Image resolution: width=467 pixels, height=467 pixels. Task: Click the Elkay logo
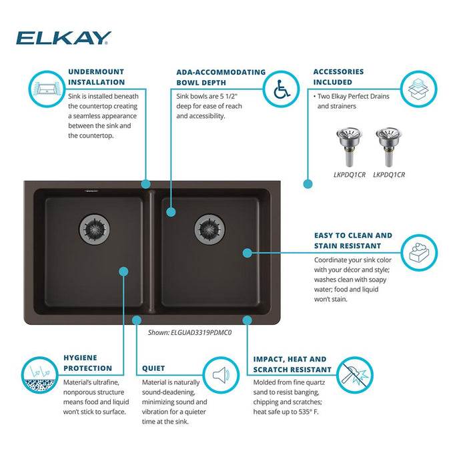pos(64,38)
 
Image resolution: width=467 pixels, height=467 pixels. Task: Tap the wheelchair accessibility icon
pos(282,89)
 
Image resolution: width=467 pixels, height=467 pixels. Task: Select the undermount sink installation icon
pos(47,89)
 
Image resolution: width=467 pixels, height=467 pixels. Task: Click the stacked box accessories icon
pos(418,89)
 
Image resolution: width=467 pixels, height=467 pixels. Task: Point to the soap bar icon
pos(419,253)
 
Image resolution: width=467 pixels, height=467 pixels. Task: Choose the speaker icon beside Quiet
pos(221,375)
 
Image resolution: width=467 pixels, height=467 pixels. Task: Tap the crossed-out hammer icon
pos(355,375)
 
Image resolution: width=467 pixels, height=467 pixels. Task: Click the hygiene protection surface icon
pos(40,375)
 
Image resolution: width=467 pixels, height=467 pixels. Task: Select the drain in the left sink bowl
pos(95,229)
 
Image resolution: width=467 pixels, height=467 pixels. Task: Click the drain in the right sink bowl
pos(209,229)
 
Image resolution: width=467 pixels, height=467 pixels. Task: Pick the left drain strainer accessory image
pos(350,147)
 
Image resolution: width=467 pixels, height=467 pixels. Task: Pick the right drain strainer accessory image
pos(389,147)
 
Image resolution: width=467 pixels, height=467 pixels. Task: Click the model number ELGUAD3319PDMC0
pos(201,333)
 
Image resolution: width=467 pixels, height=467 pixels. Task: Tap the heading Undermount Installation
pos(96,77)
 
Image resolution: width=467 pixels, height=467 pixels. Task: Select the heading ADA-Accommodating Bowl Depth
pos(221,77)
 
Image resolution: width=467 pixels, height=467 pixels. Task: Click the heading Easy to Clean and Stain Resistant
pos(353,241)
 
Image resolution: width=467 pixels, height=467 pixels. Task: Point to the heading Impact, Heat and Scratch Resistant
pos(292,364)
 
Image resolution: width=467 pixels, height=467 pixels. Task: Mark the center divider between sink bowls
pos(152,251)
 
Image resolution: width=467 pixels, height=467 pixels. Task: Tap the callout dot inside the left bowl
pos(123,272)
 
